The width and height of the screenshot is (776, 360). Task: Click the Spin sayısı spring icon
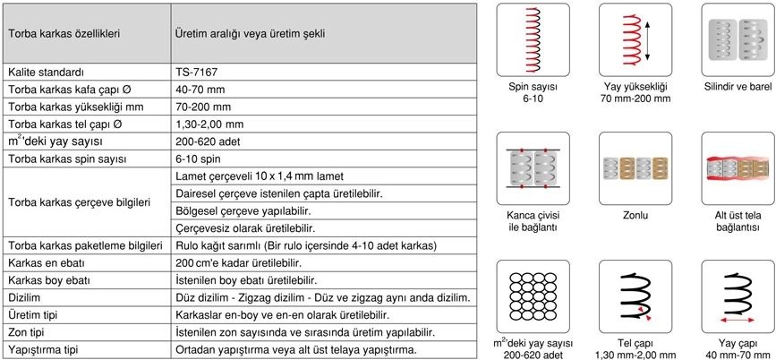pos(533,39)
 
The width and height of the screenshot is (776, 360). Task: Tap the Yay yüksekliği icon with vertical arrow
pos(636,39)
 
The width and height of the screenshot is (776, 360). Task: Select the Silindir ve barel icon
pos(738,39)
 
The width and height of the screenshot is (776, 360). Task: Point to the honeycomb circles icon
pos(533,295)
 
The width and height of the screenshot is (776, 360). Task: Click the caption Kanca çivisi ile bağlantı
pos(533,221)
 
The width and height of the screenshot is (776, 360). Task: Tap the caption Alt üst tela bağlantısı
pos(738,221)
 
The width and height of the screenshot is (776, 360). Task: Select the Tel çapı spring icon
pos(635,295)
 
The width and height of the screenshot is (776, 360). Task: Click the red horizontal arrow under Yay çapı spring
pos(738,318)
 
